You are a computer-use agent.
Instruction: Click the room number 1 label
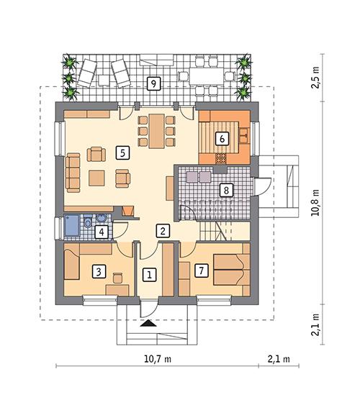(x=149, y=274)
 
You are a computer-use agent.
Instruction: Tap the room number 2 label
(x=164, y=231)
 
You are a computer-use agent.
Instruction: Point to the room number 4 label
(x=102, y=232)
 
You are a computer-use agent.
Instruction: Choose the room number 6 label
(x=221, y=138)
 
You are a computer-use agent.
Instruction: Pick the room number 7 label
(x=201, y=270)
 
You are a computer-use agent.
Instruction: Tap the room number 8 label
(x=227, y=191)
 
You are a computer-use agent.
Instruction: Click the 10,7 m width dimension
(x=157, y=358)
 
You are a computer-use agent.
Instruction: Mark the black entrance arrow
(x=148, y=324)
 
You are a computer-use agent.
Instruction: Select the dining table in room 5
(x=156, y=130)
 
